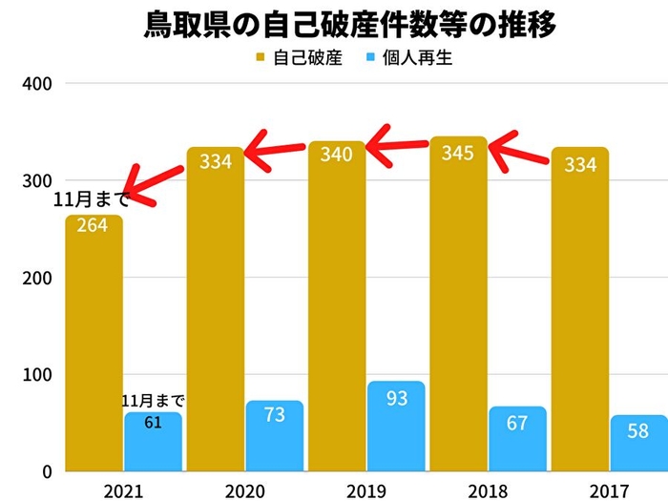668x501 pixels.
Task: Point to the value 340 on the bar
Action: pos(337,155)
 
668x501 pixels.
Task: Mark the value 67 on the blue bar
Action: pos(517,423)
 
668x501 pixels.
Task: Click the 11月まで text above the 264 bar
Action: pos(92,201)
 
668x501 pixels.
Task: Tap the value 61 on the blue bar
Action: pos(153,422)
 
